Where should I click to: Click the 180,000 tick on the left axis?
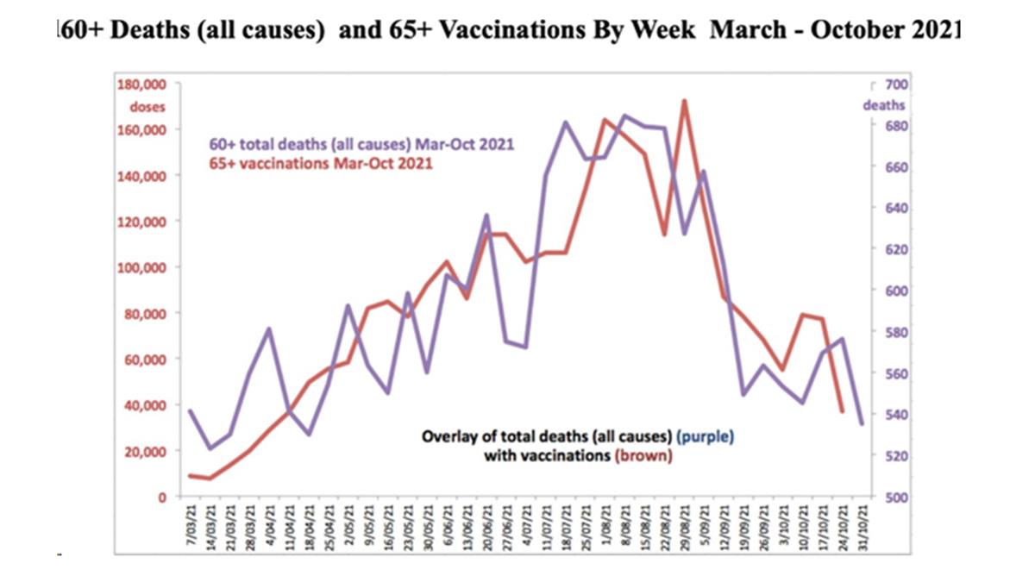click(141, 84)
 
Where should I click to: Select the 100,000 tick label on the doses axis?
click(141, 267)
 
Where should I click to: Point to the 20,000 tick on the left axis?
click(145, 451)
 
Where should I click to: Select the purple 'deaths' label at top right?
click(885, 105)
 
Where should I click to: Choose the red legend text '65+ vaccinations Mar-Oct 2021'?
click(322, 161)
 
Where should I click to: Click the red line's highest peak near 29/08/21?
click(684, 101)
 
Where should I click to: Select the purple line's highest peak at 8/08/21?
click(626, 115)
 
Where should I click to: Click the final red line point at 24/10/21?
click(842, 411)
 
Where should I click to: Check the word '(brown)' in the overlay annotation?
click(644, 456)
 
